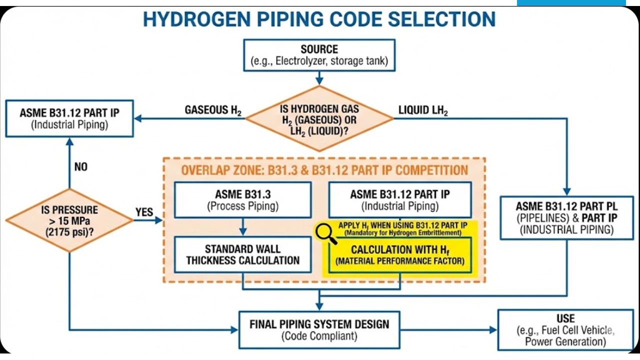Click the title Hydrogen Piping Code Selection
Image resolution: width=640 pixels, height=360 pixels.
point(319,19)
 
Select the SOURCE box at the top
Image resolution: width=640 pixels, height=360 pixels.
point(319,56)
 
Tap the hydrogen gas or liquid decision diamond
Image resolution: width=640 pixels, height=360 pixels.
point(319,118)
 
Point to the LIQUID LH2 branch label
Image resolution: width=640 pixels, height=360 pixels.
point(423,110)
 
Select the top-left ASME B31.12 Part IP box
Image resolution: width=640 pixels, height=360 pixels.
point(69,118)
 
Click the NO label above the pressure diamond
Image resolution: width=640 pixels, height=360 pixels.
point(81,167)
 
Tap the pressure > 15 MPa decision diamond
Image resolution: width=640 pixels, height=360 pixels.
point(69,220)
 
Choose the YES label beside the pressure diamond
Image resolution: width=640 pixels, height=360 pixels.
point(144,212)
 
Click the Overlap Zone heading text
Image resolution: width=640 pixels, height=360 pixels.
point(324,170)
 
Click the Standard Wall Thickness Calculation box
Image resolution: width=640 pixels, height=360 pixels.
point(242,254)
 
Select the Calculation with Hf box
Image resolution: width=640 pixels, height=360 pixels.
point(400,255)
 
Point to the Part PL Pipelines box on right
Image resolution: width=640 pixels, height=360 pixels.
point(566,218)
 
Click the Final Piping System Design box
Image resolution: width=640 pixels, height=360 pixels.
point(319,329)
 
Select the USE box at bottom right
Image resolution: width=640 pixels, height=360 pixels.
point(565,329)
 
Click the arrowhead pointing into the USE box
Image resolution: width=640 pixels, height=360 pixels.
point(493,330)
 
